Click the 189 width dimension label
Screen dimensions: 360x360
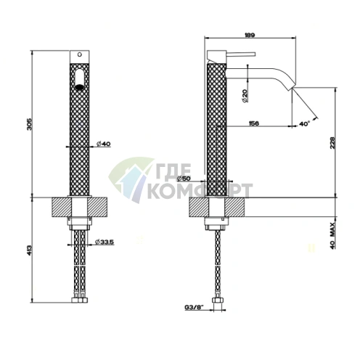tap(250, 35)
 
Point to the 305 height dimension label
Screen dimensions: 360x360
tap(29, 124)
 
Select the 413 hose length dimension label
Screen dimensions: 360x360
tap(29, 251)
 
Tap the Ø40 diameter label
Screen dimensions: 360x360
tap(104, 144)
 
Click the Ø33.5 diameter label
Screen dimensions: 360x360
tap(105, 242)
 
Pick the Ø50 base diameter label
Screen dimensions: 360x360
tap(184, 179)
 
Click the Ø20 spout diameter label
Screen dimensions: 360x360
tap(245, 96)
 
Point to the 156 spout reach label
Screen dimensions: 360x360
tap(254, 123)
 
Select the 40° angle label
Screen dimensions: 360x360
tap(304, 123)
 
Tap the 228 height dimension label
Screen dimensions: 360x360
tap(332, 143)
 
